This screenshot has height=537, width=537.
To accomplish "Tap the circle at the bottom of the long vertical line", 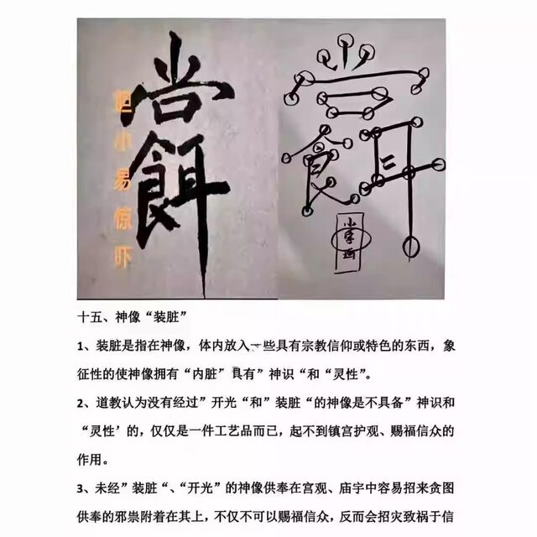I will pyautogui.click(x=410, y=247).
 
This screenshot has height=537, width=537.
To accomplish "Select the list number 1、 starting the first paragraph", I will pyautogui.click(x=86, y=346).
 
